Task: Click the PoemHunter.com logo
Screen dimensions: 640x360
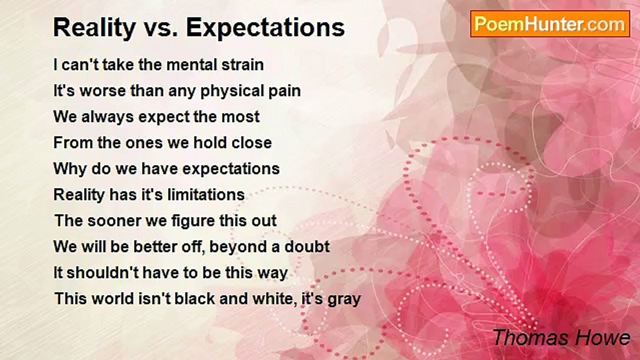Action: pyautogui.click(x=550, y=24)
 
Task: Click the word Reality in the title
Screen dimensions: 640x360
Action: pyautogui.click(x=94, y=28)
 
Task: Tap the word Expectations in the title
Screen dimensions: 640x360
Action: pyautogui.click(x=265, y=28)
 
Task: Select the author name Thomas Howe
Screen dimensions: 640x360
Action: pyautogui.click(x=561, y=337)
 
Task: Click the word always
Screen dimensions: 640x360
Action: pyautogui.click(x=107, y=117)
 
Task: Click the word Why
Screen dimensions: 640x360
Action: pyautogui.click(x=70, y=169)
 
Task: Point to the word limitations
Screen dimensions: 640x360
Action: pyautogui.click(x=206, y=194)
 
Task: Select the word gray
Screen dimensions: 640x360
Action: pyautogui.click(x=344, y=300)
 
